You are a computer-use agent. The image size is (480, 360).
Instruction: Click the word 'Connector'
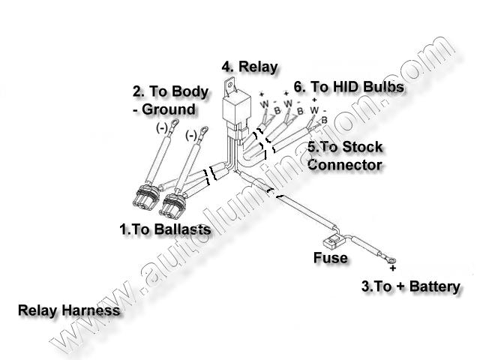pyautogui.click(x=345, y=163)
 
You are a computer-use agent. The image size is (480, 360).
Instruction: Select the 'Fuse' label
pyautogui.click(x=330, y=258)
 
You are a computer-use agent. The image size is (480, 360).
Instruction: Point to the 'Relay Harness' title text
pyautogui.click(x=69, y=309)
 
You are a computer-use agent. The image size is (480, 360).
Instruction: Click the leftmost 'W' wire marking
pyautogui.click(x=265, y=105)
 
